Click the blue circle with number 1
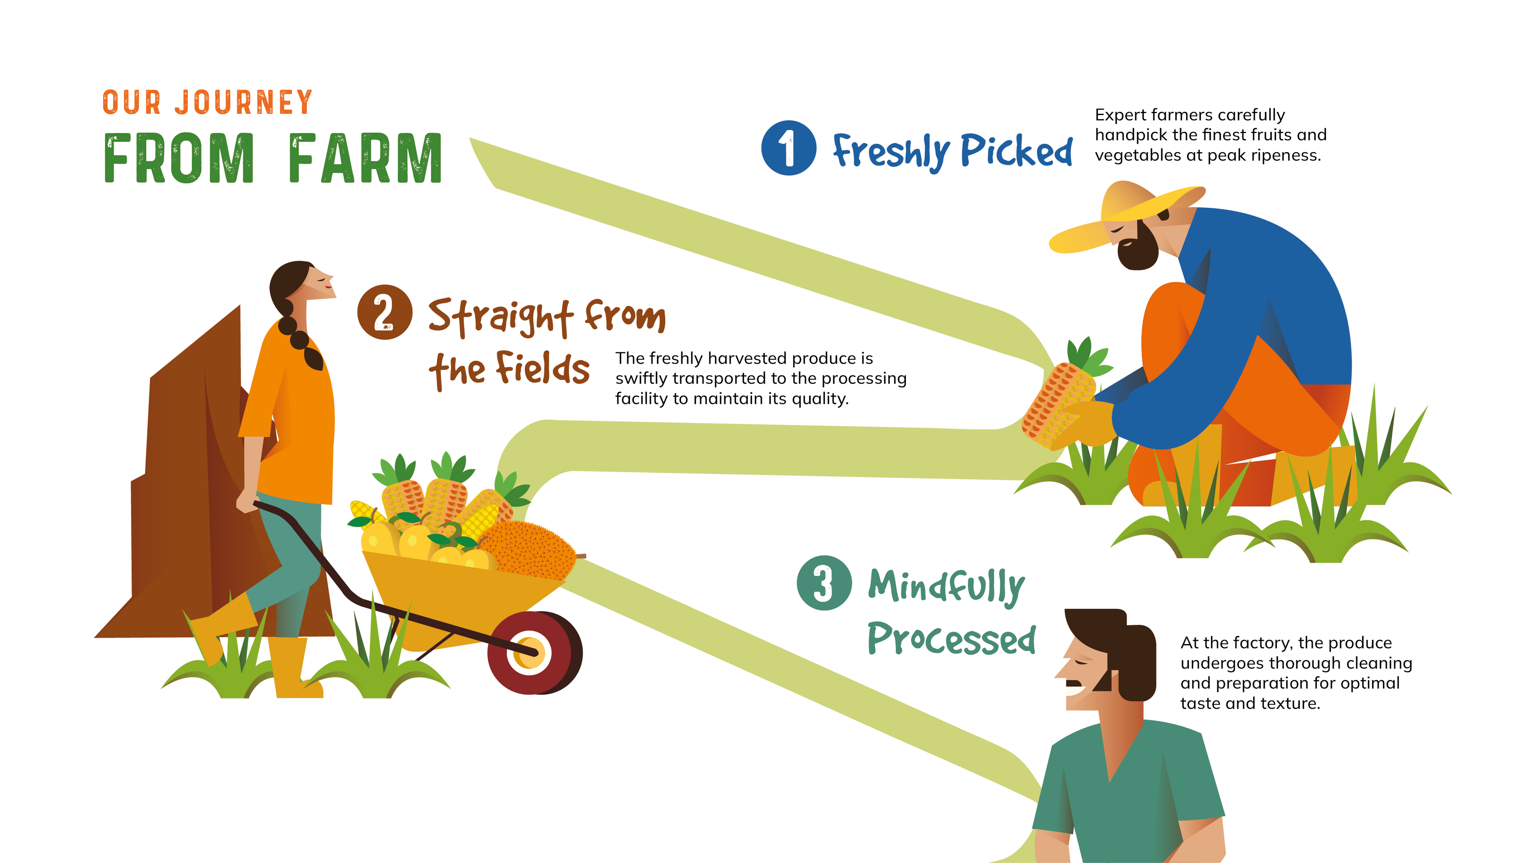click(788, 148)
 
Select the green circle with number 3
click(824, 583)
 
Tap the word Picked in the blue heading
click(1017, 150)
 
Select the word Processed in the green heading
click(952, 638)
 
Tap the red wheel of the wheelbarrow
click(534, 653)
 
